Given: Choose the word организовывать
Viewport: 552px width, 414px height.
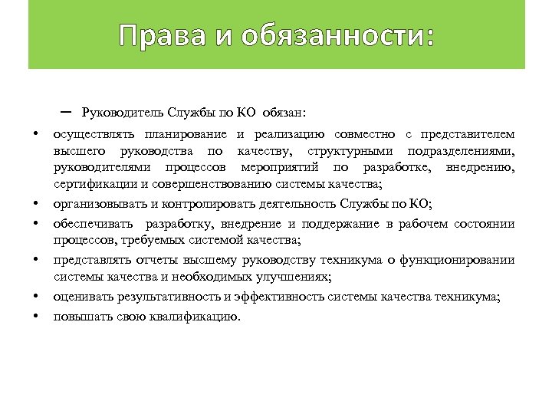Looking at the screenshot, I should [95, 203].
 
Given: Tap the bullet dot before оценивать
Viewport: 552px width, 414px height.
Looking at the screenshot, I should [35, 297].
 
